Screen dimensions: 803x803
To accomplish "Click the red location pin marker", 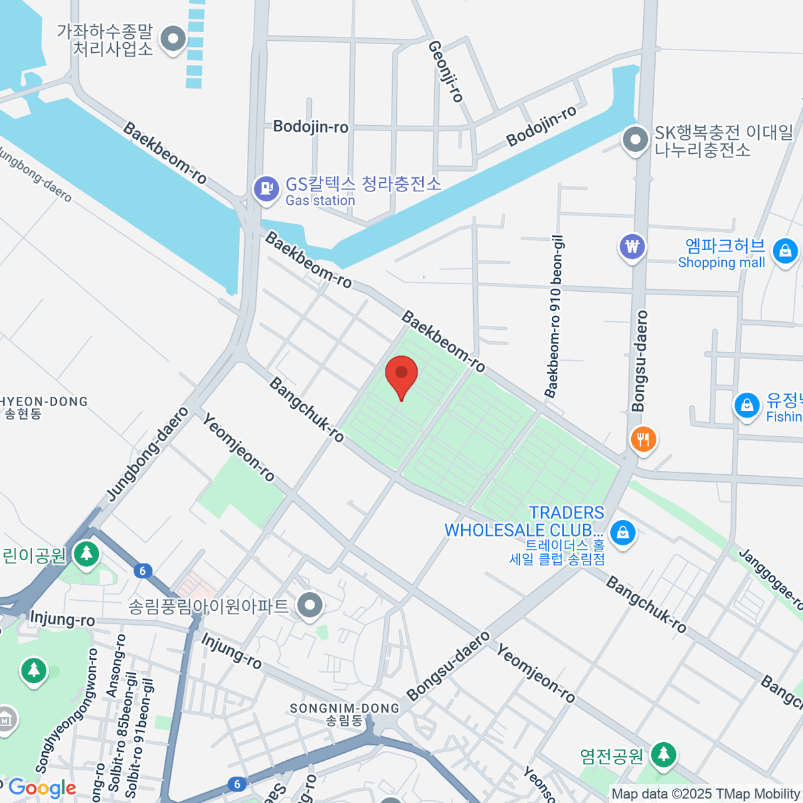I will tap(401, 375).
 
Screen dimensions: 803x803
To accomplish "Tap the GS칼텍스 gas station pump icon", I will tap(266, 189).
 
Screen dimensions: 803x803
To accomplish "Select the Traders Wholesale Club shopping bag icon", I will tap(623, 533).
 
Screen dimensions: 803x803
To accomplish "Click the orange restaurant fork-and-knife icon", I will tap(643, 440).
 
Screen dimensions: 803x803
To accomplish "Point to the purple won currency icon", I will tap(632, 247).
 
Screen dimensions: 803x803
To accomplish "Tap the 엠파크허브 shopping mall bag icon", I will tap(784, 251).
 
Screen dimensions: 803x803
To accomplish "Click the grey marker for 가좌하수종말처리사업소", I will tap(175, 38).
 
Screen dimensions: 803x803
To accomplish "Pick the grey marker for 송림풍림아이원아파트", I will tap(310, 606).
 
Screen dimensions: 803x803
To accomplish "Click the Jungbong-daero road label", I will tap(148, 454).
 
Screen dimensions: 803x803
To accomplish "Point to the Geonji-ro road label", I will tap(446, 71).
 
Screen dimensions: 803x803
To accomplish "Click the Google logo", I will tap(41, 788).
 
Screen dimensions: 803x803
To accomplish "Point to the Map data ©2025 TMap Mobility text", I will tap(706, 794).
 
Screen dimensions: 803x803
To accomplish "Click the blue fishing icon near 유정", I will tap(746, 405).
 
